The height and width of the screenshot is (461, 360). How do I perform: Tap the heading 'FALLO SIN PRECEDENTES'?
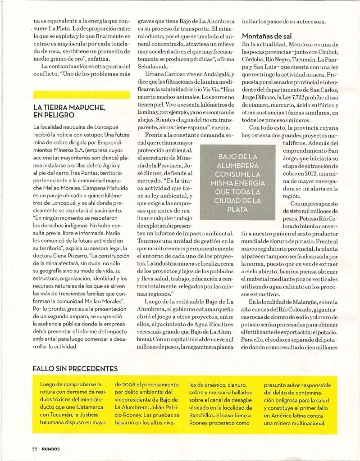(75, 368)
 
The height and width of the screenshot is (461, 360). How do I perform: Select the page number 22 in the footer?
(34, 448)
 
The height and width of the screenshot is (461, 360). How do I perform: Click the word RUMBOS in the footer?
(51, 448)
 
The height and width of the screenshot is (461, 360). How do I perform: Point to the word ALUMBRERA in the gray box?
(237, 165)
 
